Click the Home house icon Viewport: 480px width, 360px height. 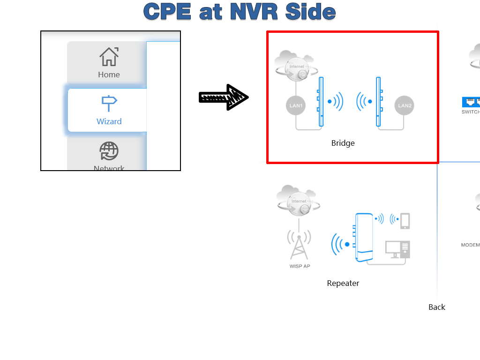pos(109,57)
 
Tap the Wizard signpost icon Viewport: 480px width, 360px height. pos(109,103)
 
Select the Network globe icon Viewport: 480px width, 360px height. pos(109,151)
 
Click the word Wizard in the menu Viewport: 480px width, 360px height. pos(109,121)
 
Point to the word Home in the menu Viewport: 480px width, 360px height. pos(109,75)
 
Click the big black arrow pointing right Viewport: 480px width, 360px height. pos(224,97)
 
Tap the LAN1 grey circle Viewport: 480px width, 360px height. pos(296,105)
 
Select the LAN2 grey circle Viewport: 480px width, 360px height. pos(404,105)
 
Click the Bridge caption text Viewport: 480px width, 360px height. pos(343,143)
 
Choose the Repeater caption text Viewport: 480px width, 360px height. pos(343,283)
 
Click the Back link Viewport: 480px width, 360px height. pos(436,307)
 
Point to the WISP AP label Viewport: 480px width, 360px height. pos(300,266)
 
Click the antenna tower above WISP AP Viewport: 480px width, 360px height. pos(299,245)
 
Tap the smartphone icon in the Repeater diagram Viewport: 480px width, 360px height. pos(405,221)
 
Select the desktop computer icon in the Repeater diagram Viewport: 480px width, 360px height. pos(397,249)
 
